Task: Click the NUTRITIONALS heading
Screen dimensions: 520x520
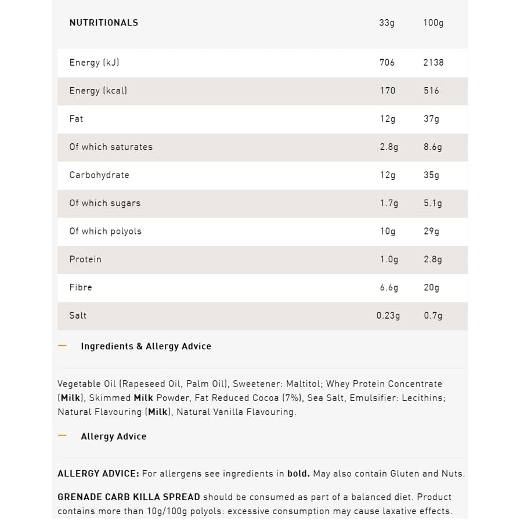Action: click(104, 23)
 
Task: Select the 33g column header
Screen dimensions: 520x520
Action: click(387, 23)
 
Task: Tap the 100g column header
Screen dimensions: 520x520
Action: click(433, 23)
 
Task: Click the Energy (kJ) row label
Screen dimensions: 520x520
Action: click(94, 63)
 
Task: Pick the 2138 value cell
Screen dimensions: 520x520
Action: click(433, 63)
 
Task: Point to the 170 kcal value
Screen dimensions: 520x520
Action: click(387, 91)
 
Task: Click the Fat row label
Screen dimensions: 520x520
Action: click(76, 119)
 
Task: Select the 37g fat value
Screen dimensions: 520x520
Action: click(431, 119)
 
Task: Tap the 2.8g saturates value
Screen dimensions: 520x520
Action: click(389, 147)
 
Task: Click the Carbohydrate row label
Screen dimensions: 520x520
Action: click(99, 175)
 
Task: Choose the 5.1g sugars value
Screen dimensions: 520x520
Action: click(432, 203)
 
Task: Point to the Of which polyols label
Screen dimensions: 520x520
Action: click(105, 231)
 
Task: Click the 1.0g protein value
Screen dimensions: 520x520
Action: click(389, 259)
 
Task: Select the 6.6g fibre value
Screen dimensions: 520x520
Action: click(389, 287)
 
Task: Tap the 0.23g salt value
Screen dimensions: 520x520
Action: click(388, 316)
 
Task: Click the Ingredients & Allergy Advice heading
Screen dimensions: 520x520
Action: click(146, 346)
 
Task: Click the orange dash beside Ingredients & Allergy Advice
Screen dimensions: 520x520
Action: click(63, 346)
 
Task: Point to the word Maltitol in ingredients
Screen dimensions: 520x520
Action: click(302, 384)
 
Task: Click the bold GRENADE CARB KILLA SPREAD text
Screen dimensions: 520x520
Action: click(129, 497)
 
